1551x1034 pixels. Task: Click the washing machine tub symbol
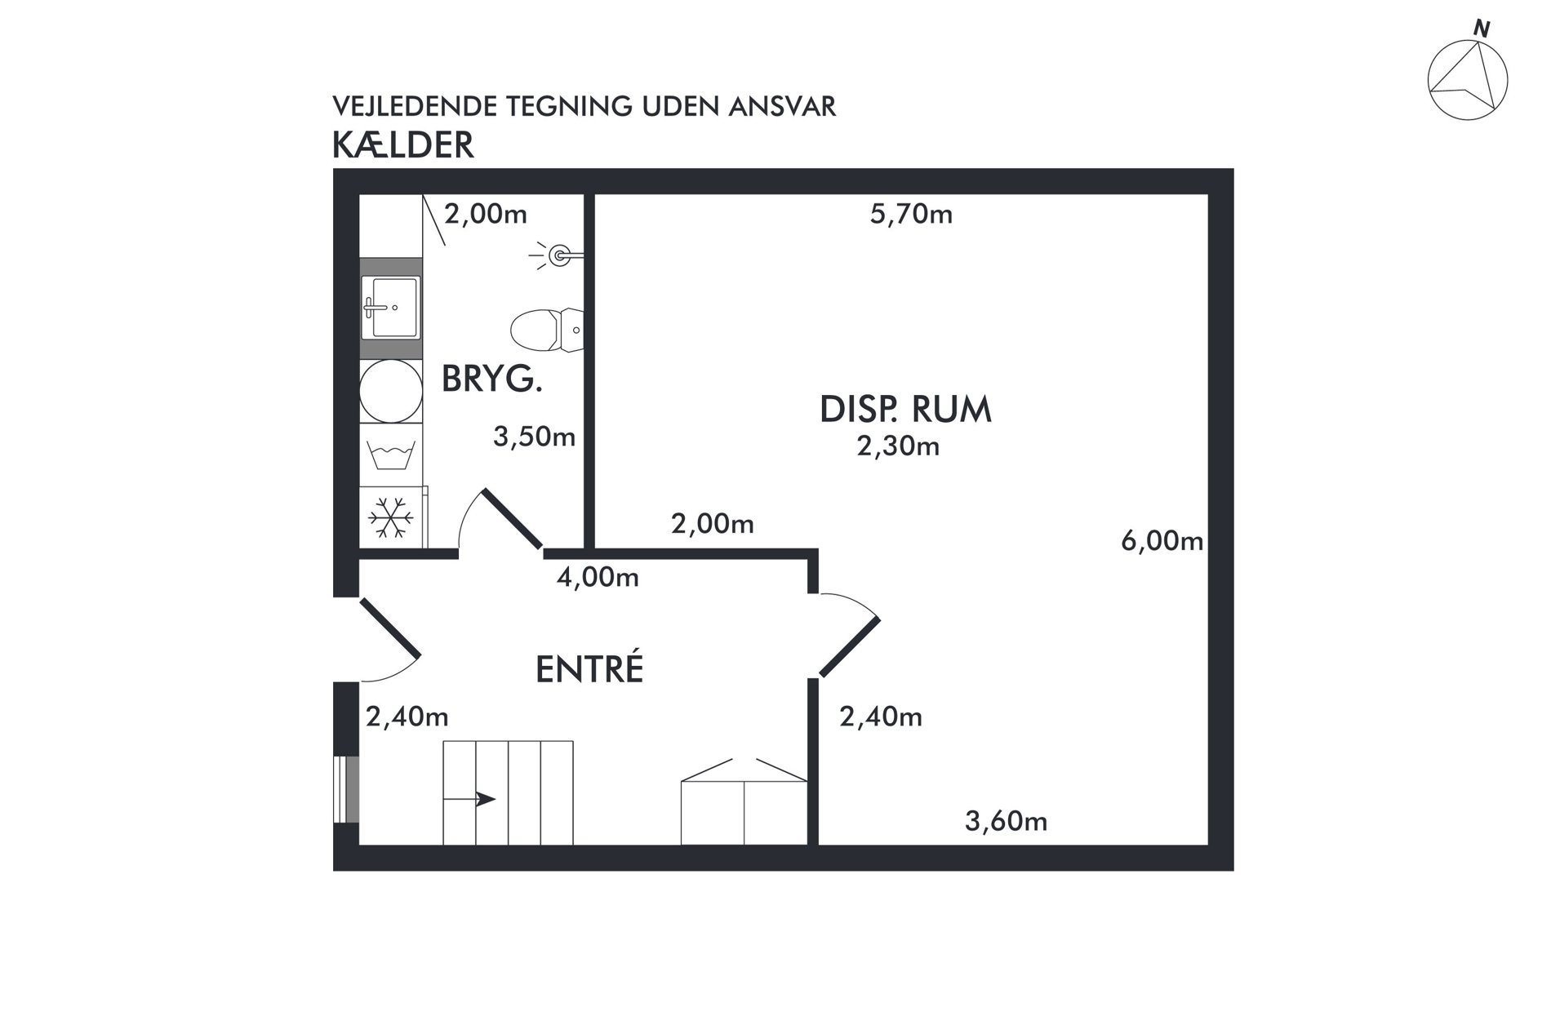(392, 455)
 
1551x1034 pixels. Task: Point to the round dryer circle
(391, 391)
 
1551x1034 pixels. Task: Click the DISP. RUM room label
(905, 410)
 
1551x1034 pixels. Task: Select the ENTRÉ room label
(589, 668)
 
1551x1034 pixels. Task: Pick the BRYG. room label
(492, 379)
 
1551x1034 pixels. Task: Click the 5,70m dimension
(911, 214)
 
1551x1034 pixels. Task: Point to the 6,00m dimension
(1162, 540)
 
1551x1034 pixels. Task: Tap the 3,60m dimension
(1006, 820)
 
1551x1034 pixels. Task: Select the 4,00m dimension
(598, 577)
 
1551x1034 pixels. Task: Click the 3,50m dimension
(534, 437)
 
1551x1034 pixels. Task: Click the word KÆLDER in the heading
(403, 144)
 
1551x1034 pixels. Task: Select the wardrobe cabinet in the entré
(744, 801)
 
